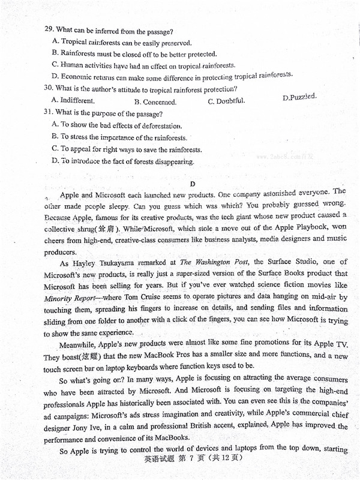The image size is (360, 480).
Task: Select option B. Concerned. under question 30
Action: (x=155, y=102)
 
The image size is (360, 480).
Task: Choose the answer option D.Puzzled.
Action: (x=299, y=97)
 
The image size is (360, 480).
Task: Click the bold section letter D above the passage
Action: (x=193, y=184)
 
